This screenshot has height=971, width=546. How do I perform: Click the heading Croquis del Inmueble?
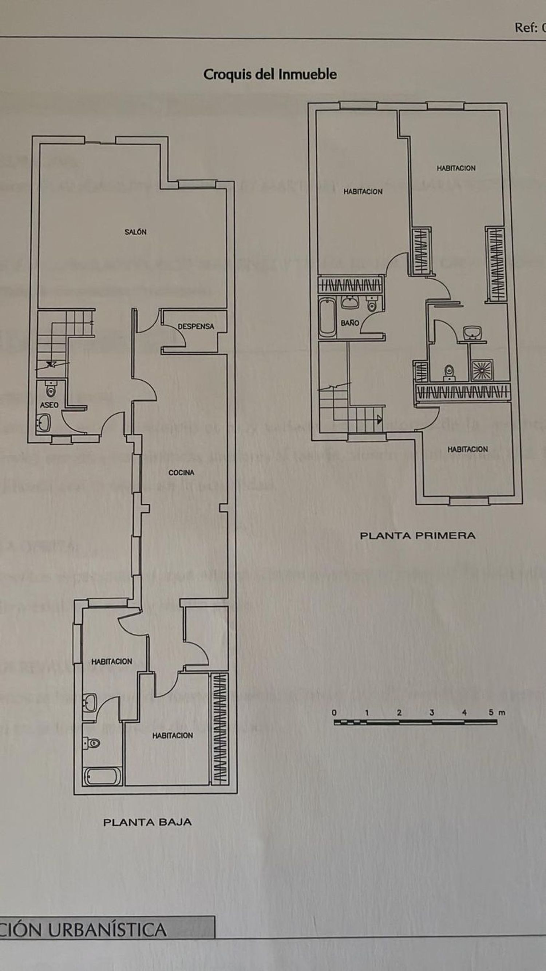click(x=270, y=74)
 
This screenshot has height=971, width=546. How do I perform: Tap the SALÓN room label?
click(x=136, y=232)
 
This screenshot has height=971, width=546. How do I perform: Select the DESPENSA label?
click(x=196, y=326)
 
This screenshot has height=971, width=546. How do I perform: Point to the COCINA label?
click(x=181, y=472)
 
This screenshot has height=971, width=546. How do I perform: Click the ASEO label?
click(x=50, y=405)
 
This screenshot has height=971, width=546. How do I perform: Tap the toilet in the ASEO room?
click(x=51, y=389)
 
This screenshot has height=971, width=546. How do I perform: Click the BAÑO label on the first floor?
click(x=350, y=323)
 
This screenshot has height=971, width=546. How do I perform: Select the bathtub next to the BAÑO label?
click(x=327, y=317)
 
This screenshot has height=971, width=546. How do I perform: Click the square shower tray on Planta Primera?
click(x=482, y=370)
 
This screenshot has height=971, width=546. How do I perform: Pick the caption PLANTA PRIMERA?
click(x=418, y=536)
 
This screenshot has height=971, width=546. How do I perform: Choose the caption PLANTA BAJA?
click(x=147, y=822)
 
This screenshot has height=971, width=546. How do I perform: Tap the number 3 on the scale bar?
click(x=431, y=712)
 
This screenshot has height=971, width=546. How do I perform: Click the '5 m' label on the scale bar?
click(x=496, y=712)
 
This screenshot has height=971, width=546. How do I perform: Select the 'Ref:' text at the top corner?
click(x=526, y=28)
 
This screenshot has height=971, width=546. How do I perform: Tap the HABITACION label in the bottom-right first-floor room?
click(x=467, y=449)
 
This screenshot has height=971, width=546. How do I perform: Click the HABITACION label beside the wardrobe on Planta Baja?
click(x=173, y=735)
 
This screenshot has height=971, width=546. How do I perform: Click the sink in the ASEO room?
click(x=44, y=422)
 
